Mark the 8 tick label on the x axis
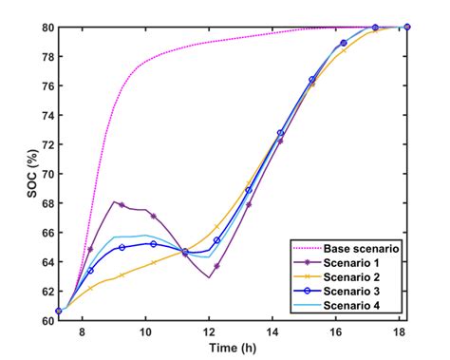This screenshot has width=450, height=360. [x=82, y=333]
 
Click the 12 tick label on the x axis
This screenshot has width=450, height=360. [x=209, y=333]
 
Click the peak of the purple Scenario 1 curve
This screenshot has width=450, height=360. [x=114, y=201]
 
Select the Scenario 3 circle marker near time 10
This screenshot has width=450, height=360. [x=153, y=244]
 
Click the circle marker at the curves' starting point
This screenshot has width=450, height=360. [x=59, y=311]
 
